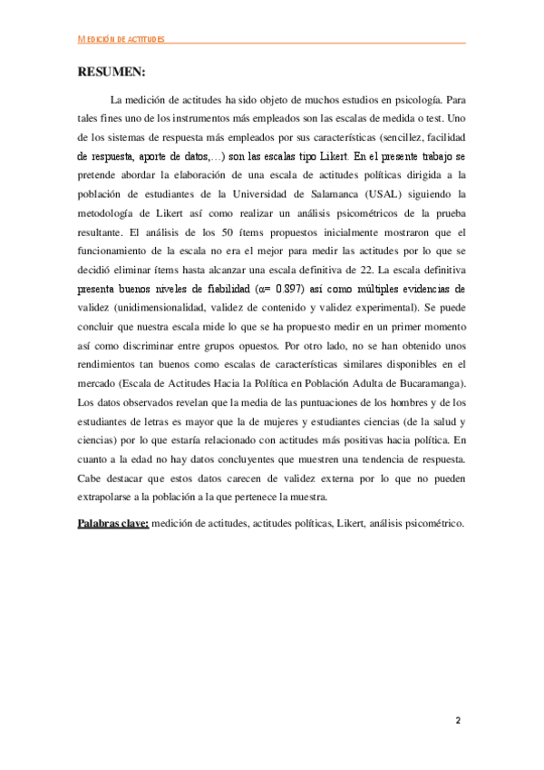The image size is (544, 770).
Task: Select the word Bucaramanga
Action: [x=432, y=385]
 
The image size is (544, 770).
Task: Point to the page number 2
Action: [x=459, y=721]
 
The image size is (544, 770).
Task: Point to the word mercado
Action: [x=98, y=385]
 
